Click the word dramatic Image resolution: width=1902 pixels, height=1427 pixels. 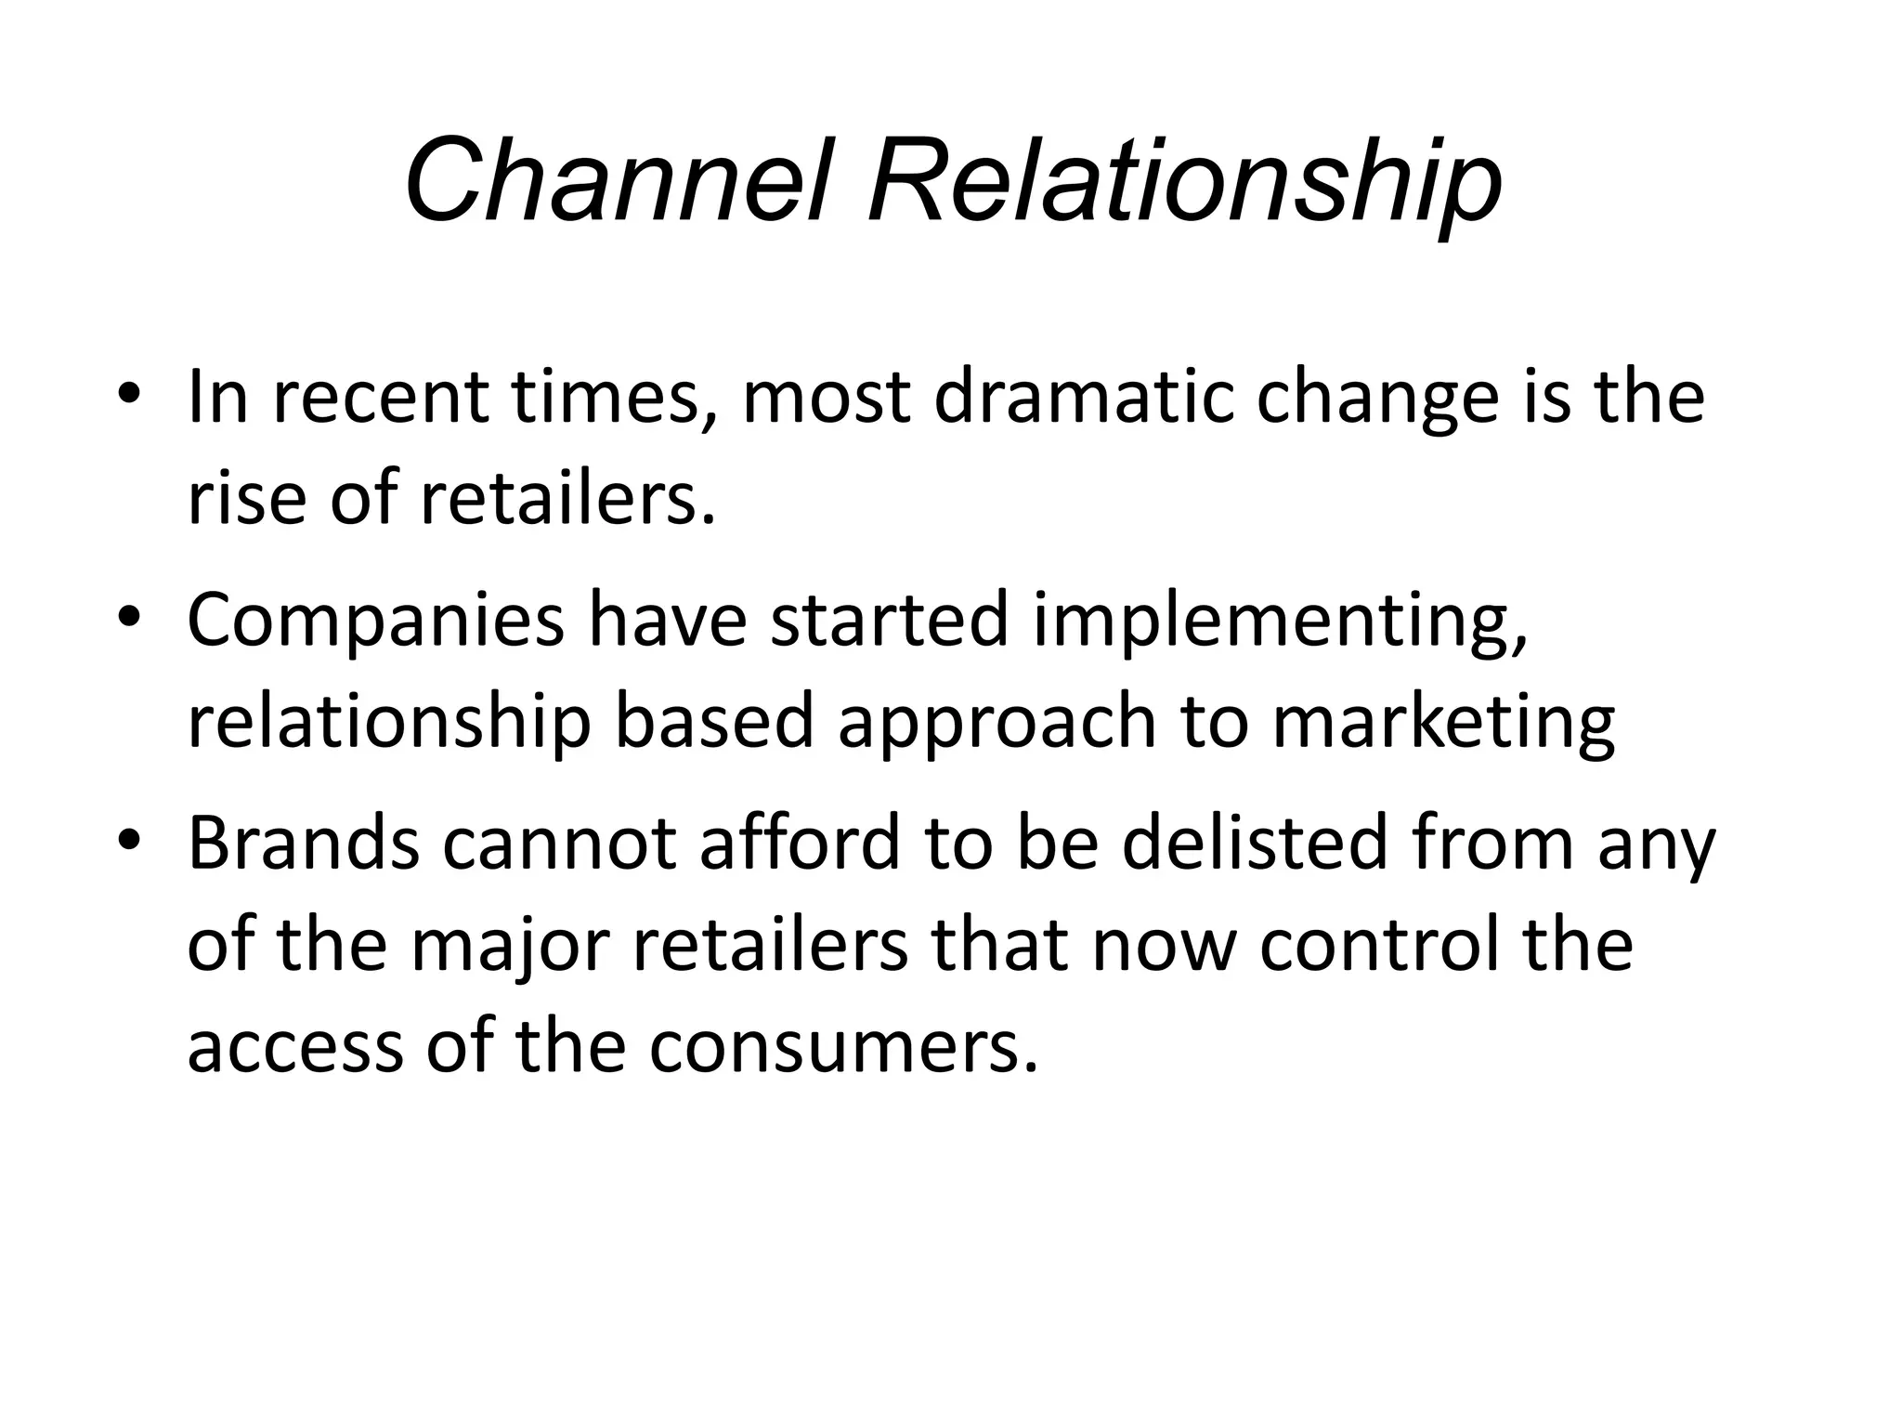coord(1083,398)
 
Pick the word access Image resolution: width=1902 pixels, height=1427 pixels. coord(296,1048)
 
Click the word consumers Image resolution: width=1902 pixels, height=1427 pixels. coord(842,1048)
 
